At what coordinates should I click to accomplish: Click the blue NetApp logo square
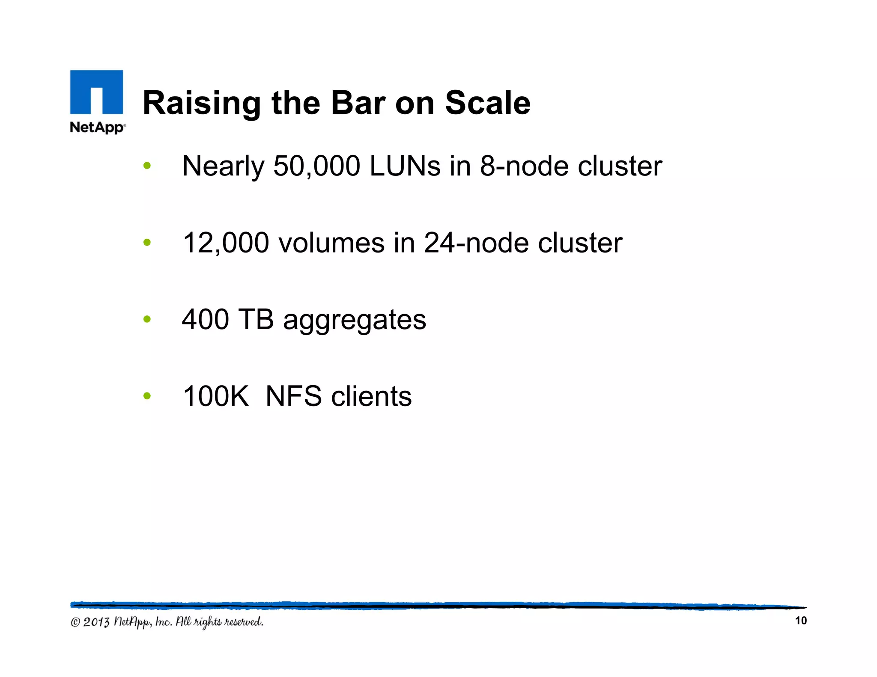coord(96,92)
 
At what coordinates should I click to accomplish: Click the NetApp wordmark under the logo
coord(98,128)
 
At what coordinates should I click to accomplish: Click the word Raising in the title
coord(201,104)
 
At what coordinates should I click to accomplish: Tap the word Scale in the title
coord(488,103)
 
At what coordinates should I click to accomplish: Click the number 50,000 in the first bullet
coord(316,166)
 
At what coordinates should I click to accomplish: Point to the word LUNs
coord(405,166)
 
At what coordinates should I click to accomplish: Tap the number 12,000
coord(226,243)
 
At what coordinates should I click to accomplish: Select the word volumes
coord(332,243)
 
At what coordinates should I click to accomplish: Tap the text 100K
coord(215,396)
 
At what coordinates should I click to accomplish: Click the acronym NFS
coord(293,396)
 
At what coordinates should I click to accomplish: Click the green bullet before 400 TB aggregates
coord(147,319)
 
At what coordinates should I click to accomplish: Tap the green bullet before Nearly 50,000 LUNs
coord(147,166)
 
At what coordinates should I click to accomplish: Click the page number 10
coord(800,621)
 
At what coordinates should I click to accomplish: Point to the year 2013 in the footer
coord(96,622)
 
